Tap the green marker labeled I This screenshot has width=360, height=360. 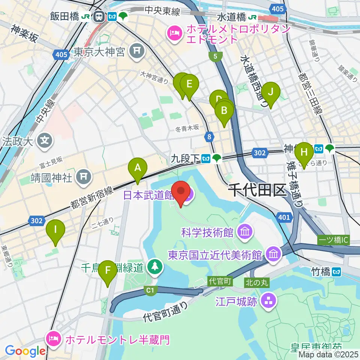55,229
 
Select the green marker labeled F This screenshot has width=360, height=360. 108,271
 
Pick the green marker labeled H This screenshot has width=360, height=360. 304,153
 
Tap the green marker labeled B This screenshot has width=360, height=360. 224,111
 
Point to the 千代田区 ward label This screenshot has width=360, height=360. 258,191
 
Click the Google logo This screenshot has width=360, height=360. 25,351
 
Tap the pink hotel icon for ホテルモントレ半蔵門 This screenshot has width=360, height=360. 52,339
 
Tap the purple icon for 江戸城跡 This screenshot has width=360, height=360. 268,300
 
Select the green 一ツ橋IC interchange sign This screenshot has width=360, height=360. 333,240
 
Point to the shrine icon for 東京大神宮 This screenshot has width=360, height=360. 137,52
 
